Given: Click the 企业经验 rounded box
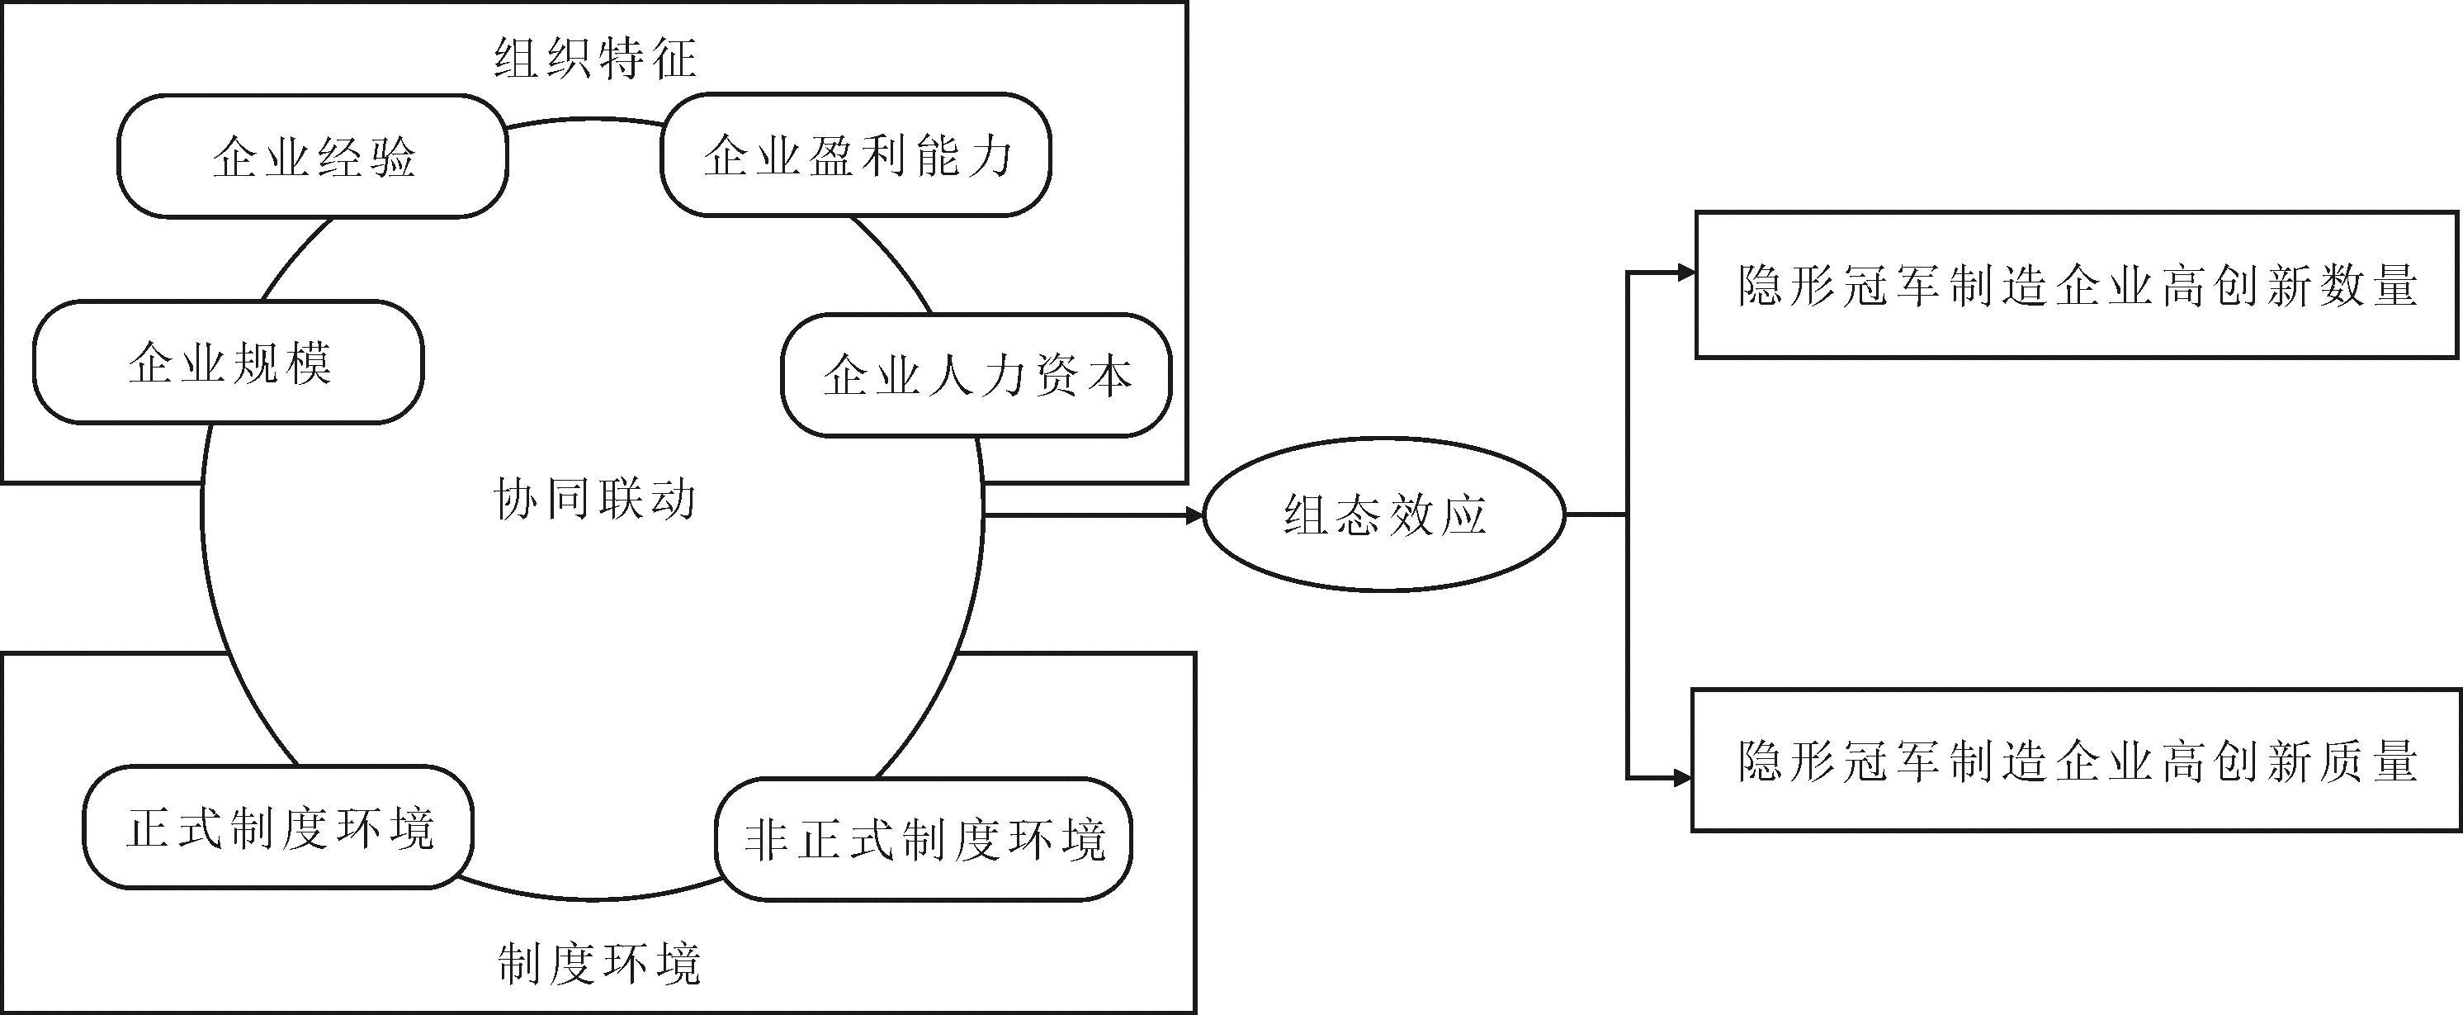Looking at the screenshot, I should tap(313, 156).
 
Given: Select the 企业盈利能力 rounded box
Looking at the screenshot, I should tap(856, 155).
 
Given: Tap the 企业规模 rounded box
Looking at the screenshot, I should tap(229, 362).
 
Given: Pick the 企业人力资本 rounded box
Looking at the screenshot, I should tap(976, 375).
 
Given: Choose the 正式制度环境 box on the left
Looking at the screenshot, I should tap(278, 828).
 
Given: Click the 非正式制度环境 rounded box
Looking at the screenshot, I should tap(924, 840).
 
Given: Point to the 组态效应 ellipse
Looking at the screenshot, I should tap(1383, 515).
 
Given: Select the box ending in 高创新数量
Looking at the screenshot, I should tap(2077, 285).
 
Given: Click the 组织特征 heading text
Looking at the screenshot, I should tap(595, 59).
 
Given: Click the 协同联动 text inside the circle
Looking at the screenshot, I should tap(595, 500).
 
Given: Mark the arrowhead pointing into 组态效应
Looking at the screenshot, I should tap(1194, 515).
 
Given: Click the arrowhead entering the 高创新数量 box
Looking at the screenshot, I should tap(1685, 273).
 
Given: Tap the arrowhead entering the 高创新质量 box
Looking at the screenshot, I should tap(1683, 779).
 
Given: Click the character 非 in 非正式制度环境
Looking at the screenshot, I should tap(767, 840).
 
